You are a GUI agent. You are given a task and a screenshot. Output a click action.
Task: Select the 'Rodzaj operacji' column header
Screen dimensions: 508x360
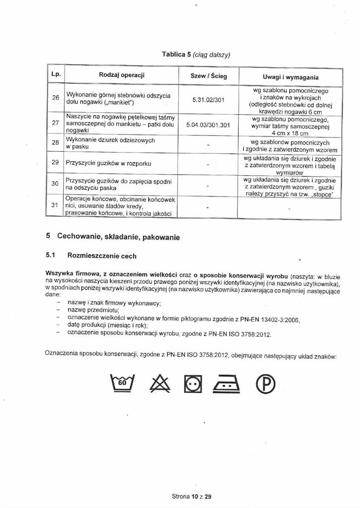(x=122, y=76)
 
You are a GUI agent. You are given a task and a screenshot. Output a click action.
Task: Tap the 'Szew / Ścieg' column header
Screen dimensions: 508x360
(x=209, y=76)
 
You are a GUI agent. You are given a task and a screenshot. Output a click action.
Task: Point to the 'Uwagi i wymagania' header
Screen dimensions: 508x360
(x=290, y=77)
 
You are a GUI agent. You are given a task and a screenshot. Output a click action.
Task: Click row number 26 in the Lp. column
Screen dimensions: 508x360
(x=56, y=98)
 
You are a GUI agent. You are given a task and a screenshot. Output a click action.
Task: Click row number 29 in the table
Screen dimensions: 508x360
(x=56, y=163)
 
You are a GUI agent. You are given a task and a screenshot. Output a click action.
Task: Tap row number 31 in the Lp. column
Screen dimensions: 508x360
(x=56, y=206)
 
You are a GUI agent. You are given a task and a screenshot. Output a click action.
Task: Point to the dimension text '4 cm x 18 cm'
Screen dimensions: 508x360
(x=290, y=133)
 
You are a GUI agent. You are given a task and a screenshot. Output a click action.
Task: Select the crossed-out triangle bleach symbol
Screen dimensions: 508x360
(x=156, y=382)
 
